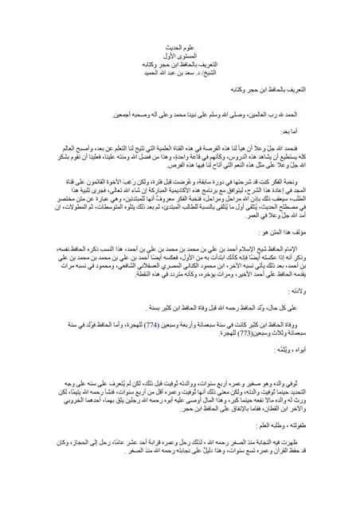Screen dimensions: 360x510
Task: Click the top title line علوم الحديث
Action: pos(179,48)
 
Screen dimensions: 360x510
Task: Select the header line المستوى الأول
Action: pos(179,56)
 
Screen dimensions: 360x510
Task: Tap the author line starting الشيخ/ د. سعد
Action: pos(179,72)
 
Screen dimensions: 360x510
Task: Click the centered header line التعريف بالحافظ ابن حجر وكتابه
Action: pos(179,64)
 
